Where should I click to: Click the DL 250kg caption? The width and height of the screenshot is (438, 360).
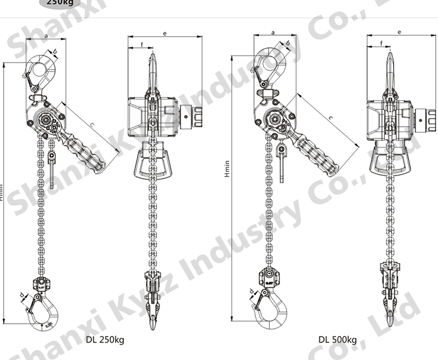[105, 339]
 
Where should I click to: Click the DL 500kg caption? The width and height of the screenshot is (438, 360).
[338, 339]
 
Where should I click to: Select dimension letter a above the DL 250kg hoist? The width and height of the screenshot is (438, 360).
[46, 36]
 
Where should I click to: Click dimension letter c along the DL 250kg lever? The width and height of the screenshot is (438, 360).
[93, 125]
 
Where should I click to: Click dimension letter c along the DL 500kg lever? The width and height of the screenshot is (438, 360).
[331, 119]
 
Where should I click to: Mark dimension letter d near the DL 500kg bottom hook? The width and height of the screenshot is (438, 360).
[251, 290]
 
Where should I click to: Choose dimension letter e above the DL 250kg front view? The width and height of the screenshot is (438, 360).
[165, 34]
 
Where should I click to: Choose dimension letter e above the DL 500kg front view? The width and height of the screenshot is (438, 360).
[399, 33]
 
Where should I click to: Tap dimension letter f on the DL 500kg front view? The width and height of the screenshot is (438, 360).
[381, 43]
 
